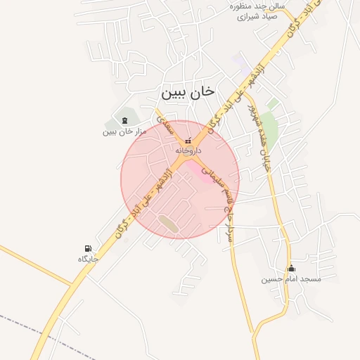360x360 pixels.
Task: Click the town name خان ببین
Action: [x=186, y=92]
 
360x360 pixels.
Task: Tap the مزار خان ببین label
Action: [x=124, y=131]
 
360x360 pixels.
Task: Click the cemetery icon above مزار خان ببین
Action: [x=125, y=120]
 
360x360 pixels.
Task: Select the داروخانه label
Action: [x=188, y=150]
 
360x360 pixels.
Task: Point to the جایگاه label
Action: [x=88, y=259]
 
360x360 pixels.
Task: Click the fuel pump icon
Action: [x=88, y=248]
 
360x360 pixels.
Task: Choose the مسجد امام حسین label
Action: [x=291, y=279]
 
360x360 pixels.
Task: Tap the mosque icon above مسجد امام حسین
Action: [x=291, y=268]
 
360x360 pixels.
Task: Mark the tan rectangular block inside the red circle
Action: [x=168, y=224]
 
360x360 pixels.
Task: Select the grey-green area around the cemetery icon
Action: [x=120, y=116]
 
